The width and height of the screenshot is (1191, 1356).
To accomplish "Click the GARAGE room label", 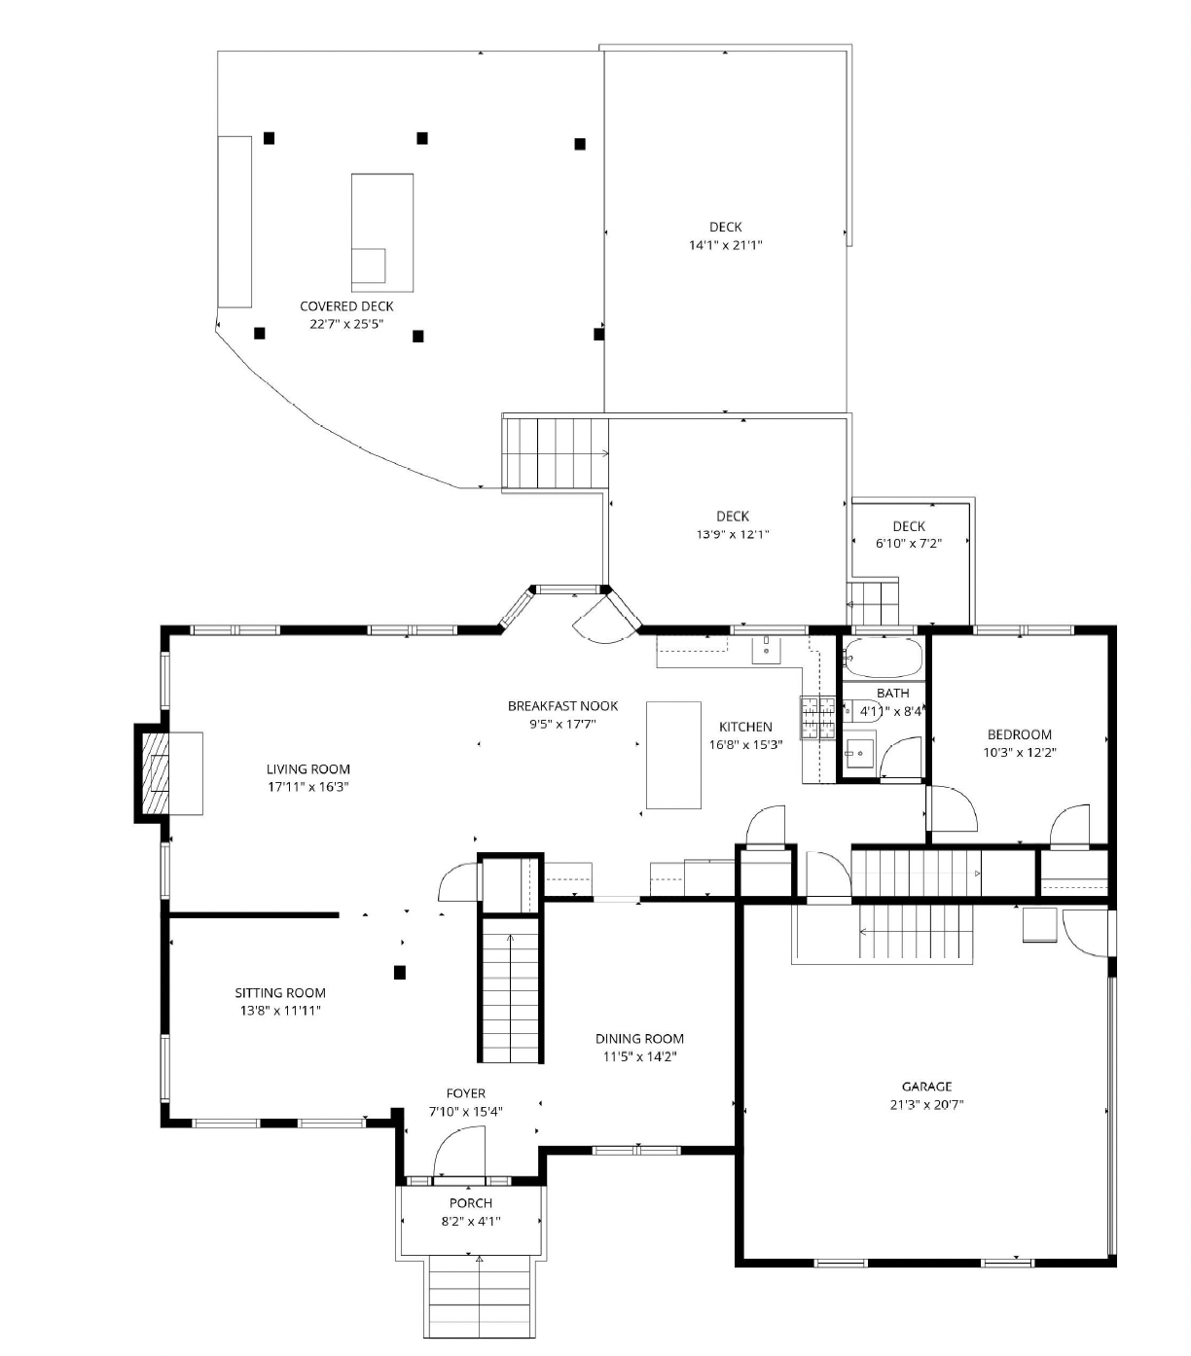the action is (926, 1087).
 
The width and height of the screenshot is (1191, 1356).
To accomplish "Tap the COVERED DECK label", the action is (346, 305).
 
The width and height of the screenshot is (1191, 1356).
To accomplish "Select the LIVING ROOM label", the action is (307, 769).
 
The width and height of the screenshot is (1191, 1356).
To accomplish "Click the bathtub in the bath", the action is (883, 658).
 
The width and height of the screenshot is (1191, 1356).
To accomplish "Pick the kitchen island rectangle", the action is (672, 755).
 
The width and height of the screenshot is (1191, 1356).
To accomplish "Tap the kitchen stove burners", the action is (817, 718).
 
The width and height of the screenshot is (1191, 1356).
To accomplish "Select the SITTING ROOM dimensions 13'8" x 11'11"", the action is (280, 1011).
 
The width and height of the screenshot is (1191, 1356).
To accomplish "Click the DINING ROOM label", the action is (639, 1039).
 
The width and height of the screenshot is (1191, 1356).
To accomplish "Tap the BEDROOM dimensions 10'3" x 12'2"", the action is (1019, 752).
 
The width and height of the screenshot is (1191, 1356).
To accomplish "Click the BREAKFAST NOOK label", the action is (562, 705).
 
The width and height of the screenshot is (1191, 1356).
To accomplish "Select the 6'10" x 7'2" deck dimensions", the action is (909, 544).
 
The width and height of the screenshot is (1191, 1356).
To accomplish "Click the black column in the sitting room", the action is (399, 972).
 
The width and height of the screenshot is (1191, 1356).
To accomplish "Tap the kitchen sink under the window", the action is (766, 649).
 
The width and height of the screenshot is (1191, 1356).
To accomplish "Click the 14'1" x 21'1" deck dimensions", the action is (726, 245).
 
